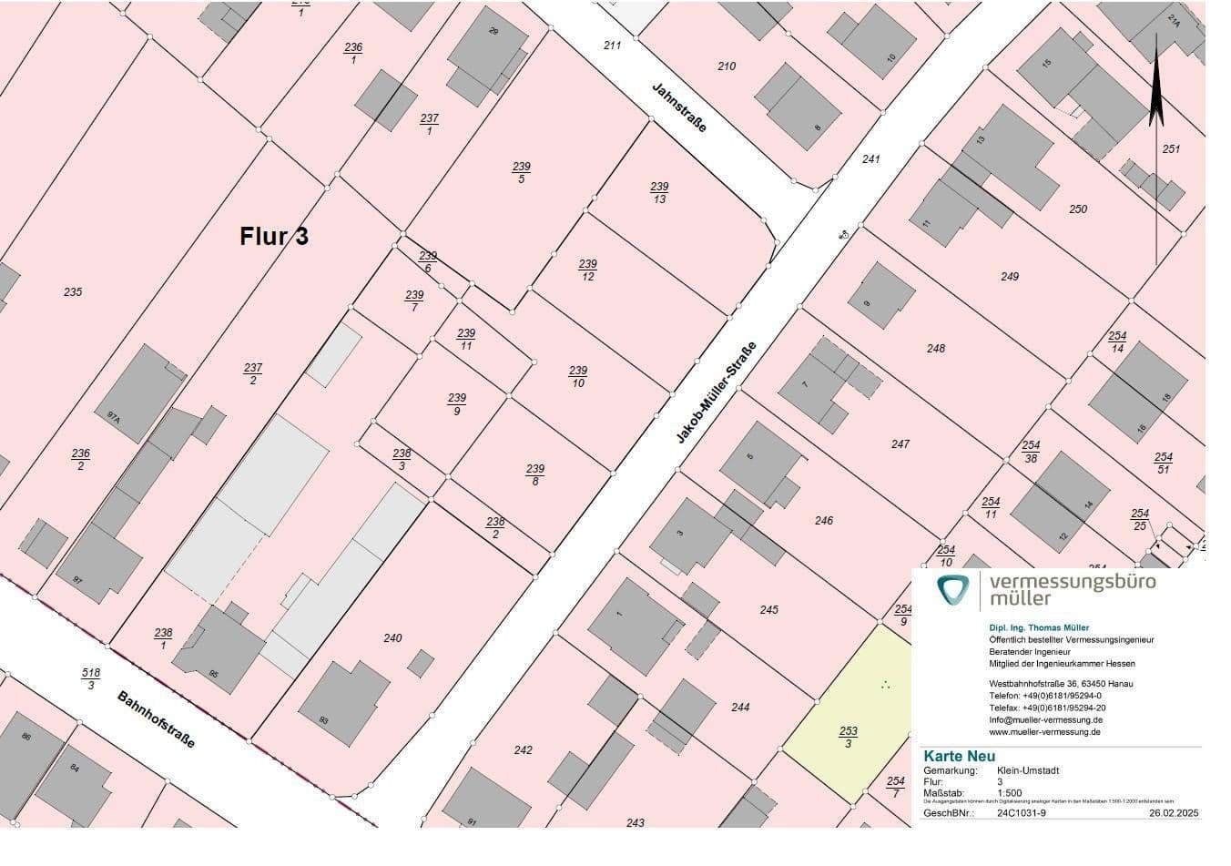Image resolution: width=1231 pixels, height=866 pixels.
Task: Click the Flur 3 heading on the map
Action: (274, 236)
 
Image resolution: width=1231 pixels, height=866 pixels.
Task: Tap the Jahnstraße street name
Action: (679, 108)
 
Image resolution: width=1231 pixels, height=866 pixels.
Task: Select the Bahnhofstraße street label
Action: (156, 719)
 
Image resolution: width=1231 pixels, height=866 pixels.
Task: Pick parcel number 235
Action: (73, 292)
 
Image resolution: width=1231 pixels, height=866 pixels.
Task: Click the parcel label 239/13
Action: (659, 193)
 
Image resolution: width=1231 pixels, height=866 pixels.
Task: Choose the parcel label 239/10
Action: (578, 377)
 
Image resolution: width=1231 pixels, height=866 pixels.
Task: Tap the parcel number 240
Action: (392, 638)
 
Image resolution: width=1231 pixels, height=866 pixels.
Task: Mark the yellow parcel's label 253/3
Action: (848, 738)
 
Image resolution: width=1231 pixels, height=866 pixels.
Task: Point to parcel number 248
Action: (936, 349)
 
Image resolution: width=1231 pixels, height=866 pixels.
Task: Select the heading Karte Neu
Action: (959, 756)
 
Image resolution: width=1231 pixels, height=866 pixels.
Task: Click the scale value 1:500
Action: (1010, 793)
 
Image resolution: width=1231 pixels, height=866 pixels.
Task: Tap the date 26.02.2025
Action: (1175, 812)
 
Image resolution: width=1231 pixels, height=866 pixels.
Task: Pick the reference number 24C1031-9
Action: (1022, 812)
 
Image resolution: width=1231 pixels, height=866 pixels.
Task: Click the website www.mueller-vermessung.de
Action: (1045, 731)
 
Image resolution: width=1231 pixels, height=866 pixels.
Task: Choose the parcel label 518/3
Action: (91, 679)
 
